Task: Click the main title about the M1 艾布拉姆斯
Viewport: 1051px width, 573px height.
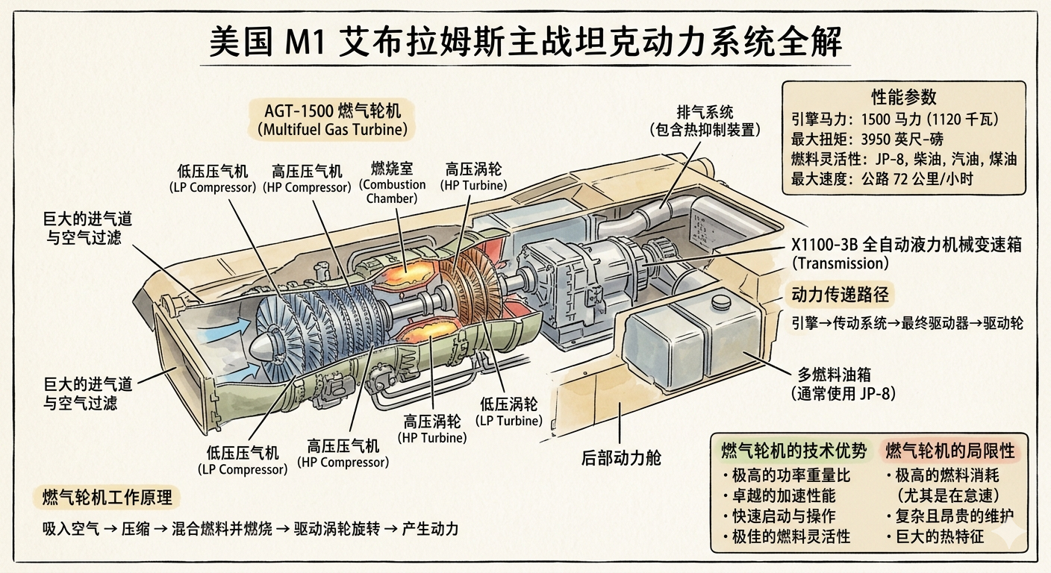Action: pyautogui.click(x=525, y=43)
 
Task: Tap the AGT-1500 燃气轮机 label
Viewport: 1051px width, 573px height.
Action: pyautogui.click(x=333, y=119)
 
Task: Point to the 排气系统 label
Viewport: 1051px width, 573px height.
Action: pyautogui.click(x=705, y=121)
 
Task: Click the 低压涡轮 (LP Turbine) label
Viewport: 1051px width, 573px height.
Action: pyautogui.click(x=508, y=412)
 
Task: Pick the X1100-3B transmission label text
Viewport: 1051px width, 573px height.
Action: pyautogui.click(x=906, y=254)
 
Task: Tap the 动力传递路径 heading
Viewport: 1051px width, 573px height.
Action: pyautogui.click(x=840, y=295)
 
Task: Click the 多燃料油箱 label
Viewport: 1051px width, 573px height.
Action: pyautogui.click(x=843, y=384)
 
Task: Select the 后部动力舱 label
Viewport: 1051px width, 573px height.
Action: pyautogui.click(x=621, y=457)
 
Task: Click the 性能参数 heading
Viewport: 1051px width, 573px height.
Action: pyautogui.click(x=904, y=97)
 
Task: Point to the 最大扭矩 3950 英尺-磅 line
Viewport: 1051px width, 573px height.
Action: pyautogui.click(x=867, y=140)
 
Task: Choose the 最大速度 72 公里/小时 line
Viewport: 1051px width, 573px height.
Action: pyautogui.click(x=882, y=178)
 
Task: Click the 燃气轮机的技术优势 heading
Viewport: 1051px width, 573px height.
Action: pyautogui.click(x=794, y=451)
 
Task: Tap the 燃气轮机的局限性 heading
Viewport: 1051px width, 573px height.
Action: pyautogui.click(x=950, y=451)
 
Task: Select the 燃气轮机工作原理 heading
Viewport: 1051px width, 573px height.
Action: pyautogui.click(x=107, y=497)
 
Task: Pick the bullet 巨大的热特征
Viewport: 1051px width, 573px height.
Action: pyautogui.click(x=935, y=536)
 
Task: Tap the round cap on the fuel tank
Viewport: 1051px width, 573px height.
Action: pyautogui.click(x=721, y=301)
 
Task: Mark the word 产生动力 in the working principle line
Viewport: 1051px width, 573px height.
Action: pyautogui.click(x=430, y=529)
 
